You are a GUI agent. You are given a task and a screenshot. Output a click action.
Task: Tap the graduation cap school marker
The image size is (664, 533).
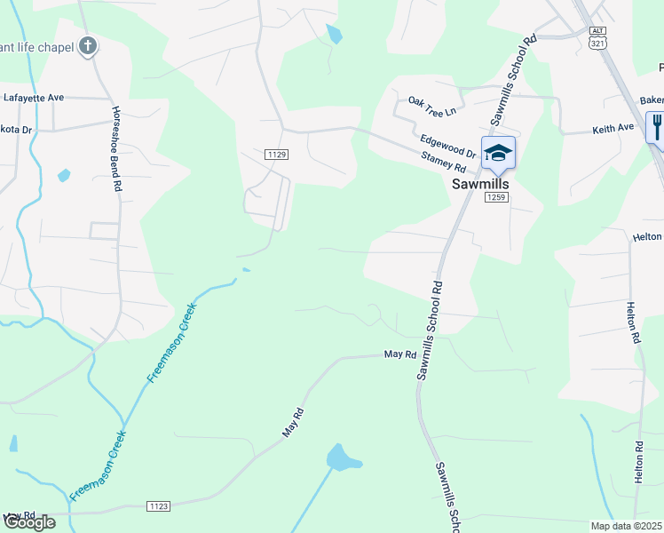coord(498,152)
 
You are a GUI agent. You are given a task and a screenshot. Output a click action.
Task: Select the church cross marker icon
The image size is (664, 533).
coord(87,45)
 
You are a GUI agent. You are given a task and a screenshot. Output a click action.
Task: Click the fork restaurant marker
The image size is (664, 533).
coord(657,124)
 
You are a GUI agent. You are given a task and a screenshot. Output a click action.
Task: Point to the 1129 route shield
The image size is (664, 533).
coord(276,155)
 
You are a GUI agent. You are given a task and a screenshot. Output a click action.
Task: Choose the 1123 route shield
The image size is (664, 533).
coord(158,506)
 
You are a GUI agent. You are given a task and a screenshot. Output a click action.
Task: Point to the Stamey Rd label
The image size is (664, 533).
coord(444,161)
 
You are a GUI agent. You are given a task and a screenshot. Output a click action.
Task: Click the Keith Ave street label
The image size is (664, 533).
coord(613,129)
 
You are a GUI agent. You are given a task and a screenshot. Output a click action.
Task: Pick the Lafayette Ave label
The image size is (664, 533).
coord(34,96)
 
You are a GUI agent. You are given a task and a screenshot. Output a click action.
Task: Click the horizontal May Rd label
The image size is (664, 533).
coord(400,354)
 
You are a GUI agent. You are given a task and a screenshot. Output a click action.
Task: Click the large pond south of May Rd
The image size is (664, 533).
coord(342,458)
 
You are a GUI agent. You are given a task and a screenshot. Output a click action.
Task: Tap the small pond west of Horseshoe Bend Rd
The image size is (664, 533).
coord(64,175)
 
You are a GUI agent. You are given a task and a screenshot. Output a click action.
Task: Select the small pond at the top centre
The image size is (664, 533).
coord(334,35)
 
